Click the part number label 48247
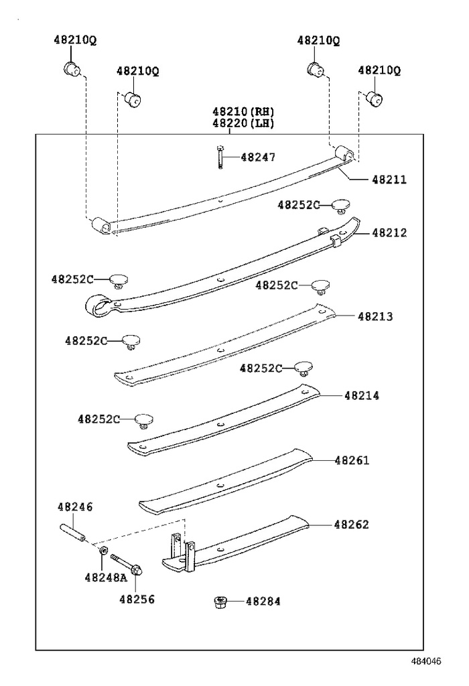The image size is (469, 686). click(258, 157)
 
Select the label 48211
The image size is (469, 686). click(389, 180)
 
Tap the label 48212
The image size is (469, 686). click(389, 233)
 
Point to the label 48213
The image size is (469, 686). click(375, 316)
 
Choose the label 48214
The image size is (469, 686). click(362, 396)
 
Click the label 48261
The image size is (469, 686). click(352, 460)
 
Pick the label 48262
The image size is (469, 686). click(352, 525)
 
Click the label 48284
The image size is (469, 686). click(263, 601)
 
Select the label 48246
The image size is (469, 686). click(75, 507)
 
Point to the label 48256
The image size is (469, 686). click(137, 599)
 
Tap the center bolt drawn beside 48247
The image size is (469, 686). click(219, 157)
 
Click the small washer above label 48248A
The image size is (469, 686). click(103, 550)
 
